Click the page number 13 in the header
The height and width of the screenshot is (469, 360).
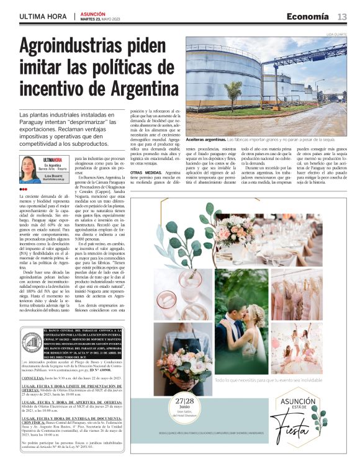342,16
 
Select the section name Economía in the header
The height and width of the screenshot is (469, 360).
308,16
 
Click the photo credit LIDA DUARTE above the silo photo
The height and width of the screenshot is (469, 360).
337,34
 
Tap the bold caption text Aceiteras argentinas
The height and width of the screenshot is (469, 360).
205,141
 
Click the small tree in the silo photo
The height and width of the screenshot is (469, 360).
233,93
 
